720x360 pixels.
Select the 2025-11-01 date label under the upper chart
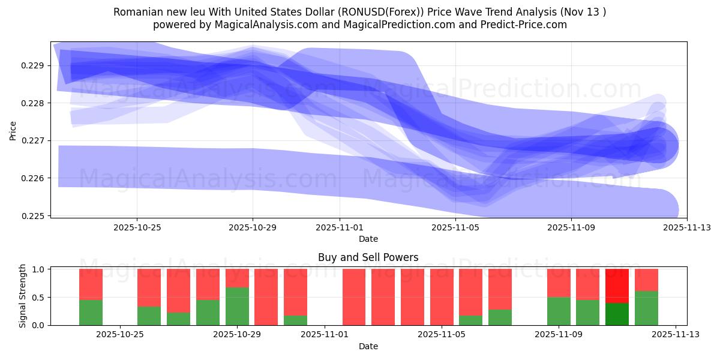coord(340,228)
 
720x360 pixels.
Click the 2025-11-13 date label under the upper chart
coord(687,228)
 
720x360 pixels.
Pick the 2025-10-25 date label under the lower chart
coord(121,335)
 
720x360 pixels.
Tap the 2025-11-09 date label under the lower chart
coord(558,335)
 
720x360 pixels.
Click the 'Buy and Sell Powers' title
coord(368,257)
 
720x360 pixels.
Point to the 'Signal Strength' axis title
coord(23,296)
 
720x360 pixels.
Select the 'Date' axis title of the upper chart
coord(368,239)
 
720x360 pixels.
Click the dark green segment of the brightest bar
coord(617,314)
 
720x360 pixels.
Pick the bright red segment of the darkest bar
coord(617,286)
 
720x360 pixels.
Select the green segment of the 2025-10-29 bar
coord(237,306)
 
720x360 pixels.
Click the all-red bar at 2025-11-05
coord(442,297)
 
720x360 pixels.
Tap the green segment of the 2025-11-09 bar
coord(558,311)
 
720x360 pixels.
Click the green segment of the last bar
coord(646,308)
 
